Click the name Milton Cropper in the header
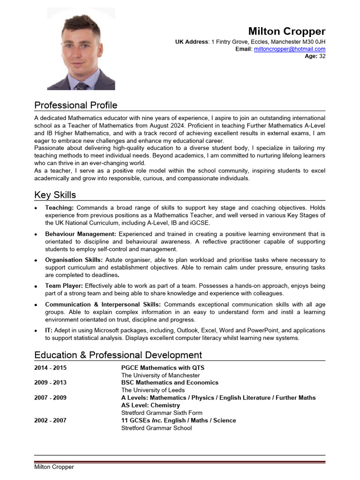click(286, 31)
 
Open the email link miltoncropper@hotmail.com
click(289, 49)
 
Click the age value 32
click(322, 56)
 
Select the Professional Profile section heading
click(76, 105)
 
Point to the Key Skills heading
click(55, 195)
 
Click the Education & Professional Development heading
click(118, 355)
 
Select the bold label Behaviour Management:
click(80, 233)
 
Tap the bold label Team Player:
click(64, 285)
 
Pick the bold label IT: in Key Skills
click(49, 330)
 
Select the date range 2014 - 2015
click(50, 368)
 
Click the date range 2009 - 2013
click(50, 382)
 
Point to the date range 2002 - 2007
click(50, 420)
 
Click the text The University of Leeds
click(153, 390)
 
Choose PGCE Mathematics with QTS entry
click(163, 368)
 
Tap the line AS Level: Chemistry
click(150, 405)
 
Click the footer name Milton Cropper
click(54, 467)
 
